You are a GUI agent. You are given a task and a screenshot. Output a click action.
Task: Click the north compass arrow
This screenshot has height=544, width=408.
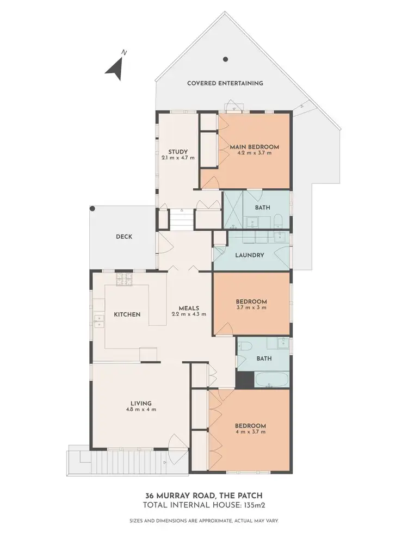[115, 67]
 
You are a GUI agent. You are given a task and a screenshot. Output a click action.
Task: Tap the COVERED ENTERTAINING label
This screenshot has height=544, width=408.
[225, 83]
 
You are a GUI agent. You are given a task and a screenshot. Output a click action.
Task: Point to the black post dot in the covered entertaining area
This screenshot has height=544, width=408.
[225, 59]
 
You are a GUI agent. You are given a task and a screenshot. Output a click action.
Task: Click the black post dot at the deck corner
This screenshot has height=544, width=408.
[92, 208]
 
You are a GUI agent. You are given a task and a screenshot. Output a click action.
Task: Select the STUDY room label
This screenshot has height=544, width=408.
[178, 152]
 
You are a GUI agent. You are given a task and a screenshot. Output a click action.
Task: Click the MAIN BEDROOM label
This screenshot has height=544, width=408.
[254, 147]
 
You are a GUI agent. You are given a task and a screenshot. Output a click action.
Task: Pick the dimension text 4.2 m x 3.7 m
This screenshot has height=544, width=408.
[254, 153]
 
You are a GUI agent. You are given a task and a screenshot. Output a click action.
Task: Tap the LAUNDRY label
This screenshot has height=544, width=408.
[250, 255]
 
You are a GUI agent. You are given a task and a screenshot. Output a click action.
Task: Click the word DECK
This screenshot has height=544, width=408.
[124, 237]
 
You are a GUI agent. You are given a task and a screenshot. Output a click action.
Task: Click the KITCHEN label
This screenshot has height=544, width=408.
[127, 314]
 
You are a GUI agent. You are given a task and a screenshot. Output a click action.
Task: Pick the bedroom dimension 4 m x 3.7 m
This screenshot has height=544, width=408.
[250, 432]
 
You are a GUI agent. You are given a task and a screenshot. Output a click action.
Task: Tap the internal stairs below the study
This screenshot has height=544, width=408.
[180, 221]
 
